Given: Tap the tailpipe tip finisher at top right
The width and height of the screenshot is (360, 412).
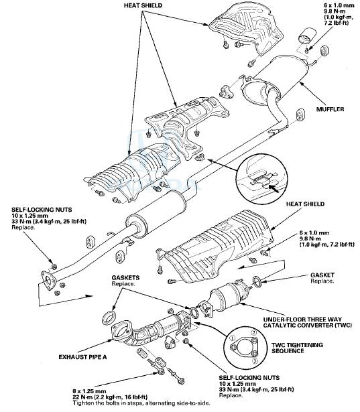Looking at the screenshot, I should pos(310,35).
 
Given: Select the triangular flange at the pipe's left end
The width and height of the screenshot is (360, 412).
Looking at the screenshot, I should pos(49,282).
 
